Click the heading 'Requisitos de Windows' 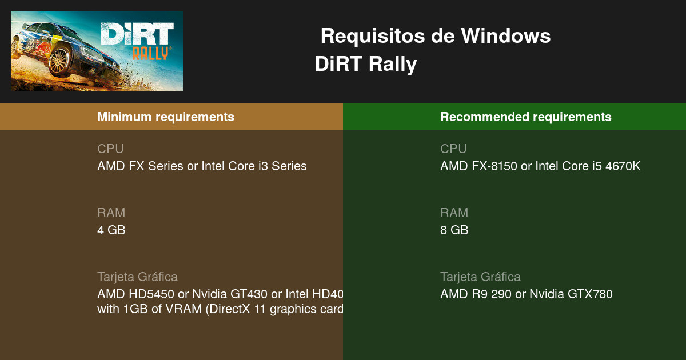pos(436,36)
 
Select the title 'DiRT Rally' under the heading pos(366,64)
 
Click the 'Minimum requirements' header pos(166,117)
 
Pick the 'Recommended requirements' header pos(526,117)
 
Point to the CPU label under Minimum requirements pos(110,149)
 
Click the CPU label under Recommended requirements pos(453,149)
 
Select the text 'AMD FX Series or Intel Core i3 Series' pos(202,166)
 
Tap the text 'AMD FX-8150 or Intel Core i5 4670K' pos(540,166)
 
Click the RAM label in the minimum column pos(111,213)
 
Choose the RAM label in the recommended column pos(454,213)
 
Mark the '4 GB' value pos(111,230)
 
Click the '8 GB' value pos(454,230)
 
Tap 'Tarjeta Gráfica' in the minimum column pos(137,277)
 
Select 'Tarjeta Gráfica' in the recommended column pos(480,277)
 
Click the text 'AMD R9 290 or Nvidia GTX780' pos(527,294)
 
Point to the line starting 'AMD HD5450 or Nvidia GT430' pos(220,294)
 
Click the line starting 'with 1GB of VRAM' pos(220,309)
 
